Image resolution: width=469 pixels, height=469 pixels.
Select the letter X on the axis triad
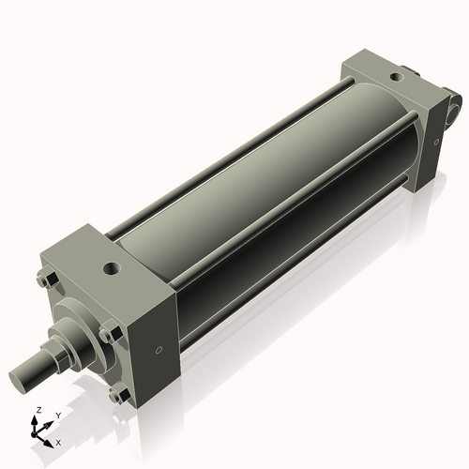(x=59, y=441)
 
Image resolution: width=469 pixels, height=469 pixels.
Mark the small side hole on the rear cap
(x=436, y=141)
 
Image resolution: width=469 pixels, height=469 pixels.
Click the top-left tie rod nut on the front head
(x=44, y=280)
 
